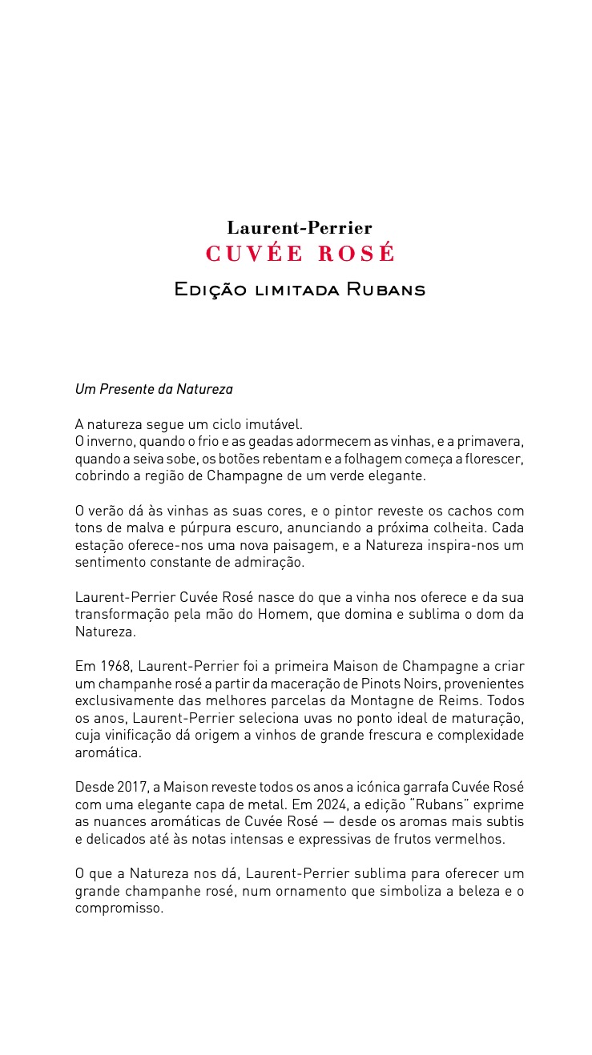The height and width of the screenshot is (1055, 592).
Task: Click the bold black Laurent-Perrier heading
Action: (x=300, y=228)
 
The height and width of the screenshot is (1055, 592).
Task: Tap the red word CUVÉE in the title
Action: (x=254, y=254)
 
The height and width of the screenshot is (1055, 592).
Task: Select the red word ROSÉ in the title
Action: (x=357, y=254)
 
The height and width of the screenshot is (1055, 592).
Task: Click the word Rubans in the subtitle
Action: (x=385, y=289)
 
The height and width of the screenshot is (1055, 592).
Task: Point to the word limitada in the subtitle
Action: (x=296, y=290)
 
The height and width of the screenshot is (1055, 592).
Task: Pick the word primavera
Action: (x=489, y=442)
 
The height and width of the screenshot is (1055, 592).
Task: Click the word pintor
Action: (x=364, y=511)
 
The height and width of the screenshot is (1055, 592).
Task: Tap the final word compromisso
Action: (x=119, y=909)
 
